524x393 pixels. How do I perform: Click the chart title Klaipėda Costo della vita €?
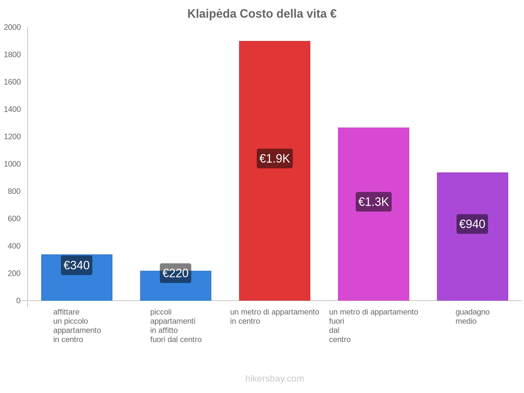click(262, 14)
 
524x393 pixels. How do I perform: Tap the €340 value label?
click(77, 265)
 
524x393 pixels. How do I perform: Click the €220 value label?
click(176, 273)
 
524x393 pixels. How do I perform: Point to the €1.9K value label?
click(274, 159)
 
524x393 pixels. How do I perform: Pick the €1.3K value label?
click(373, 202)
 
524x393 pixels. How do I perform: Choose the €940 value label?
click(472, 224)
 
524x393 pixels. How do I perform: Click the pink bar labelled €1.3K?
click(373, 255)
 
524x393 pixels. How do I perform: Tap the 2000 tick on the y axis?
click(12, 28)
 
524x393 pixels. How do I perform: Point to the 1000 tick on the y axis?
click(12, 164)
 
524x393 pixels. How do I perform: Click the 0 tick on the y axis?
click(18, 301)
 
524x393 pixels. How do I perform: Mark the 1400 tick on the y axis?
click(12, 109)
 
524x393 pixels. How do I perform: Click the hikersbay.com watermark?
click(274, 379)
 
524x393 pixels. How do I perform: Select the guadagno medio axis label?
click(472, 316)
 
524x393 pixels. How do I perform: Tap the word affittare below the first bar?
click(66, 312)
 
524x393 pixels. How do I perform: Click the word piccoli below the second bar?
click(161, 312)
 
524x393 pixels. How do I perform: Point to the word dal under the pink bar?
click(334, 330)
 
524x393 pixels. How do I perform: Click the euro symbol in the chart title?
click(333, 14)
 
